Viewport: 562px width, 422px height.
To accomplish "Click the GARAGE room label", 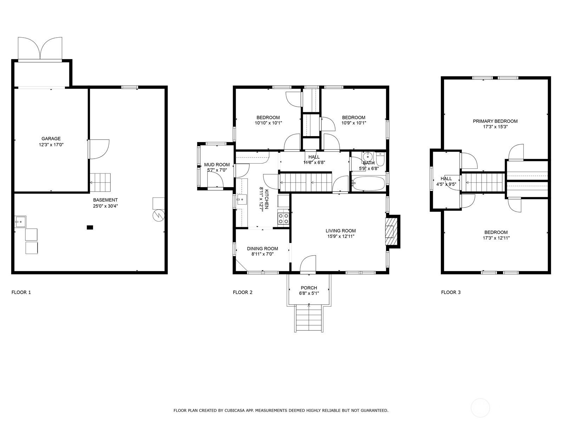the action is (51, 139).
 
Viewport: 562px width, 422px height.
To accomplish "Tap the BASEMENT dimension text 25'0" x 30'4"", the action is (105, 206).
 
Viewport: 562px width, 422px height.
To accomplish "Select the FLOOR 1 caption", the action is (21, 292).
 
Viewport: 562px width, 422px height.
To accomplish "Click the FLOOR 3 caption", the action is (451, 292).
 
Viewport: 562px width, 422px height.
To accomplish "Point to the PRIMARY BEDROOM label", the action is (495, 121).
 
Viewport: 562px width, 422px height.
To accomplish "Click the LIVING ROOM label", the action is (340, 231).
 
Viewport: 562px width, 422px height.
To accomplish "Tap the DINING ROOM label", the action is (262, 249).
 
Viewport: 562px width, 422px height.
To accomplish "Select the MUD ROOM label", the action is (217, 165).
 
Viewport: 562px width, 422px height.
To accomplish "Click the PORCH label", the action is (309, 288).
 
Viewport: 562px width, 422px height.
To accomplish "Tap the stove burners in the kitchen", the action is (283, 218).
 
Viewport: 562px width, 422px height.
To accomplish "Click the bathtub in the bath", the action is (368, 184).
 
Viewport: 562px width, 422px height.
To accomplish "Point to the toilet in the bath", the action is (381, 159).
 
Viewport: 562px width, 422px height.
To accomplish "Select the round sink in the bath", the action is (368, 156).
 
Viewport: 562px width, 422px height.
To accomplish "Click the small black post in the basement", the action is (90, 227).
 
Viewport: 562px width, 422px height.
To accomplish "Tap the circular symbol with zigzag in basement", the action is (158, 216).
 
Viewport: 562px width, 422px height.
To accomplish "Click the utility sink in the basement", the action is (20, 222).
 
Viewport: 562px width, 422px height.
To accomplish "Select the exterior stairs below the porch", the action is (309, 319).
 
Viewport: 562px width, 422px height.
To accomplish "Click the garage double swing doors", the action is (40, 49).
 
